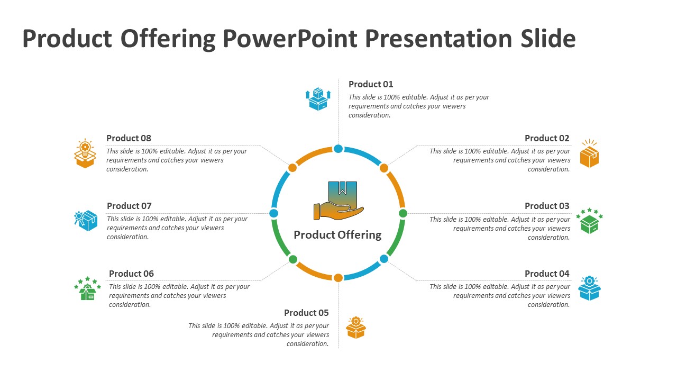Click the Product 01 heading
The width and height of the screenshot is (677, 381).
click(371, 84)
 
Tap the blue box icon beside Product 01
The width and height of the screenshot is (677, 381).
click(318, 99)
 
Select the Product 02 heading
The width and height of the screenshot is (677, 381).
click(547, 138)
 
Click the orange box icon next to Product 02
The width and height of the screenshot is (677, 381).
click(589, 154)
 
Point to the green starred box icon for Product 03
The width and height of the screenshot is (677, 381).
click(589, 221)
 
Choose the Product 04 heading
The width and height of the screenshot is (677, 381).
click(547, 274)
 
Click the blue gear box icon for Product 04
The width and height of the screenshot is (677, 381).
click(589, 288)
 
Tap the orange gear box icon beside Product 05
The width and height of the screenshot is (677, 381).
click(356, 328)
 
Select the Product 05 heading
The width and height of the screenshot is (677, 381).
click(306, 313)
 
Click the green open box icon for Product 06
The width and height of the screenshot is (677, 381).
click(87, 289)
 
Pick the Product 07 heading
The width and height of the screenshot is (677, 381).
click(129, 206)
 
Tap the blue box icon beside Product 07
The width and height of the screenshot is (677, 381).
click(86, 221)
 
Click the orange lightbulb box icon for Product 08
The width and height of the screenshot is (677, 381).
click(85, 153)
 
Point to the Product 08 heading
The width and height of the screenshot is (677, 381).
click(129, 138)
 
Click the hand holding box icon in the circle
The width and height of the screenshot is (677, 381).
click(338, 201)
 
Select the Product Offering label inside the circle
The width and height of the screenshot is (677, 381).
click(337, 235)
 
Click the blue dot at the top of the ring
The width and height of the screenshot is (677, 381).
click(338, 149)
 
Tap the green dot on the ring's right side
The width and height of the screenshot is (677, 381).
click(403, 213)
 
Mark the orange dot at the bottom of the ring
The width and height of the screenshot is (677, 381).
click(338, 278)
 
